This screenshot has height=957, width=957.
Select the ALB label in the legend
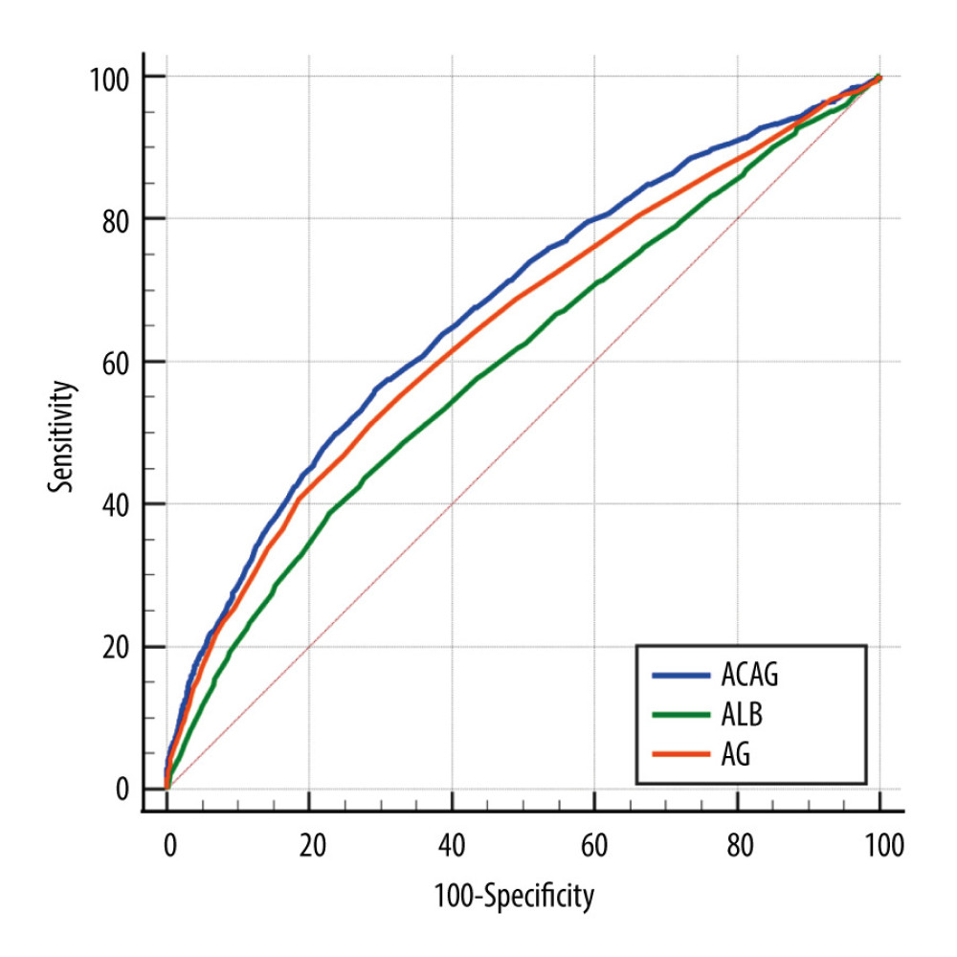point(739,717)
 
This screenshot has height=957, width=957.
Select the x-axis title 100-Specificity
point(514,897)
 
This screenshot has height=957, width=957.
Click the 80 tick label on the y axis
point(115,219)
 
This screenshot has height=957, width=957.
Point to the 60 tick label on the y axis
point(115,362)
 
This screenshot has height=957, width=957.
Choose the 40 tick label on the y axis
point(115,504)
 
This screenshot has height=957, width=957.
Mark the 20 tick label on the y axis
point(115,647)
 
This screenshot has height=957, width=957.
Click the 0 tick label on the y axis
point(122,790)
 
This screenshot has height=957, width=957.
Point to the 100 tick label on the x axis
point(879,846)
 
